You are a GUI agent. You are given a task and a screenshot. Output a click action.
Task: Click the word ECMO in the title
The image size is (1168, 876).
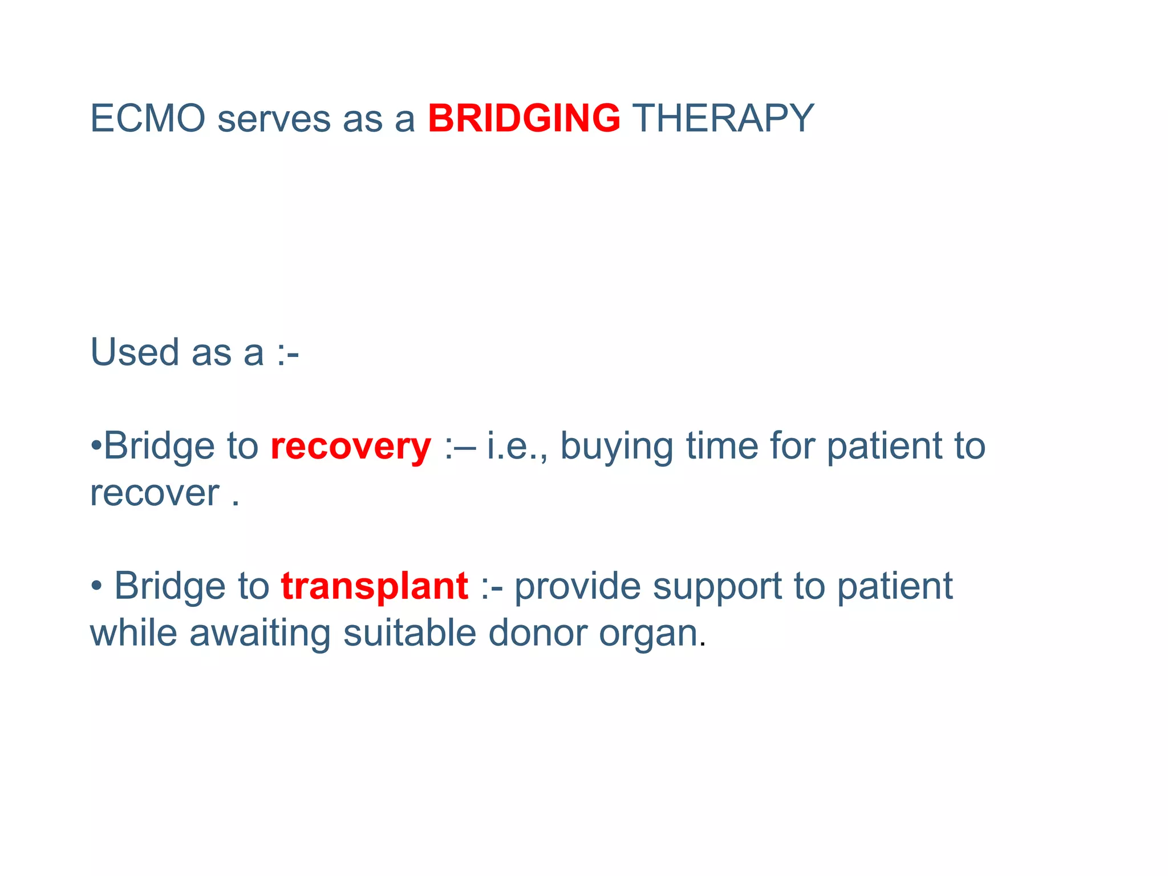[148, 119]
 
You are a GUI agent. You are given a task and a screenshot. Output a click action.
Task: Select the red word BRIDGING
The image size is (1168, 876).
[524, 119]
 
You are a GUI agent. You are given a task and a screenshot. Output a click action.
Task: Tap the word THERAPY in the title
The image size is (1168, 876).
[723, 119]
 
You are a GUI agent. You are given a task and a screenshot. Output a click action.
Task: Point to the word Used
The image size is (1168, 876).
[135, 352]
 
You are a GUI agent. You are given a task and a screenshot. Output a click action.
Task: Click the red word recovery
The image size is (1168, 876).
[350, 447]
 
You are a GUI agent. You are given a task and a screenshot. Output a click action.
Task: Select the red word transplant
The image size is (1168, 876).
[375, 586]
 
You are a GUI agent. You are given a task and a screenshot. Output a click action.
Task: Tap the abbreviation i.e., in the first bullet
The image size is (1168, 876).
[517, 445]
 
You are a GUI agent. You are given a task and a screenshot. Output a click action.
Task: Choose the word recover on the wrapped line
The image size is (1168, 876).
[155, 493]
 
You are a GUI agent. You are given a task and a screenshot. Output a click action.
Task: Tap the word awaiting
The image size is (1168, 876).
[259, 634]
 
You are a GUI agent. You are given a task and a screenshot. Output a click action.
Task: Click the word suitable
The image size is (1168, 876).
[409, 632]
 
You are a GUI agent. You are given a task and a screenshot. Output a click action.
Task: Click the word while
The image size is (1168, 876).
[133, 632]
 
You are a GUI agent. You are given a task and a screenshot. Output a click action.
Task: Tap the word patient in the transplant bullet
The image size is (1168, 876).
[895, 586]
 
